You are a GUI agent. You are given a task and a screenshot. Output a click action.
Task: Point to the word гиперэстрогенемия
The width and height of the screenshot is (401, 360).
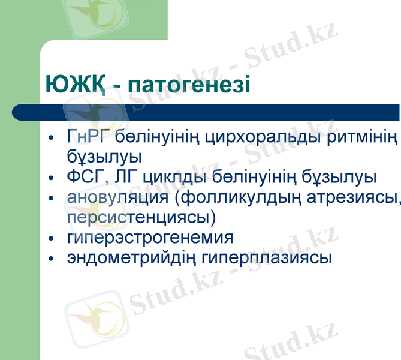(150, 238)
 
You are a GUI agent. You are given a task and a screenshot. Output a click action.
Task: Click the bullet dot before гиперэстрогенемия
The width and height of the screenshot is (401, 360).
(52, 239)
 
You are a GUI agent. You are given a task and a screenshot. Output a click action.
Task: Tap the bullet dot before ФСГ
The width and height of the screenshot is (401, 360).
(52, 178)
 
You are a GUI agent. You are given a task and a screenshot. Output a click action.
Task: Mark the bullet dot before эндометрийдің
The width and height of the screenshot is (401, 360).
(52, 259)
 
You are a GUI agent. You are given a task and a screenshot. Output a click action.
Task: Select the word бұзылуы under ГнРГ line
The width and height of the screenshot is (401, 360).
(104, 157)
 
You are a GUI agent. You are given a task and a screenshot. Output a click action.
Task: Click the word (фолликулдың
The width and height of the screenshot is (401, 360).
(236, 197)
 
